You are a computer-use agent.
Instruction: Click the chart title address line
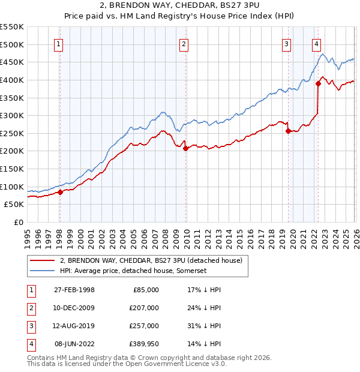point(179,6)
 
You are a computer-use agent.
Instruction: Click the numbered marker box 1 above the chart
point(59,43)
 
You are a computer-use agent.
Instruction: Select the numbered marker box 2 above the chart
point(184,43)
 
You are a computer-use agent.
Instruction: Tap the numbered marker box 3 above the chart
point(287,43)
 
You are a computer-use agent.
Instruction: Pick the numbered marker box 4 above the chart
point(316,43)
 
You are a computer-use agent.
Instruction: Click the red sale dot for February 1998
point(60,192)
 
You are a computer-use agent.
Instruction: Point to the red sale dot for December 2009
point(185,149)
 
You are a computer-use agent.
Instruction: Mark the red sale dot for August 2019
point(288,131)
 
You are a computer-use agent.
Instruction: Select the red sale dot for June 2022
point(318,84)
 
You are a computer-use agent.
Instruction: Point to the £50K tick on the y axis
point(14,204)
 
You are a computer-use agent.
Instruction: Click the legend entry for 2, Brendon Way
point(150,260)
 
